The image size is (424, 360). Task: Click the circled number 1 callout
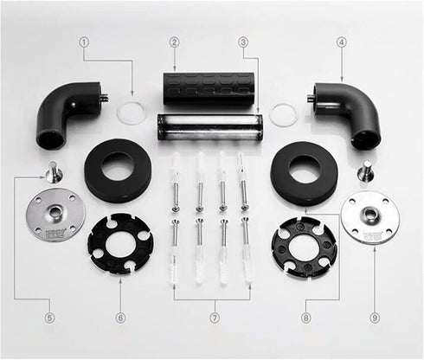pyautogui.click(x=84, y=42)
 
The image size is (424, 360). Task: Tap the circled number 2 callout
pyautogui.click(x=175, y=42)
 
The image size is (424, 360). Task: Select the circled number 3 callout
pyautogui.click(x=243, y=42)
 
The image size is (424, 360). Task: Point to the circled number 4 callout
pyautogui.click(x=341, y=42)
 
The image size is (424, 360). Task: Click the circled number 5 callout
pyautogui.click(x=49, y=318)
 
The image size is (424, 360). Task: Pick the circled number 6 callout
pyautogui.click(x=120, y=318)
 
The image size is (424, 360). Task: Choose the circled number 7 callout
pyautogui.click(x=215, y=318)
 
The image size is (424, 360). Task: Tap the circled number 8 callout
pyautogui.click(x=305, y=318)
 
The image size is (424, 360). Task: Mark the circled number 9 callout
pyautogui.click(x=375, y=318)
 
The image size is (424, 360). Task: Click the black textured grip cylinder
pyautogui.click(x=209, y=88)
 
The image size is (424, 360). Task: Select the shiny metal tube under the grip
pyautogui.click(x=210, y=127)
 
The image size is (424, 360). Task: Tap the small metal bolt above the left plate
pyautogui.click(x=54, y=172)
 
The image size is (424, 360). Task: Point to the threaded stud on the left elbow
pyautogui.click(x=106, y=96)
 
